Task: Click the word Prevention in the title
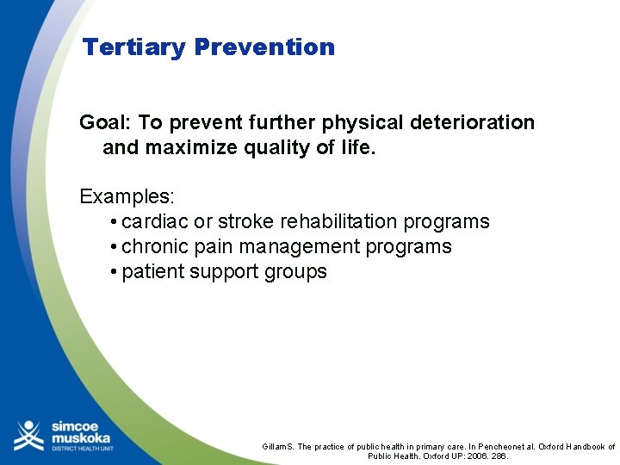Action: pos(264,46)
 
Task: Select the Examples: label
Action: pos(127,196)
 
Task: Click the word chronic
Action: pos(155,246)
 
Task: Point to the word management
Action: pos(300,246)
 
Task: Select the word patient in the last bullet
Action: pos(152,271)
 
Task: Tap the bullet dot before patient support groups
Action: pos(115,272)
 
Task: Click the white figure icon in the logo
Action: pos(28,435)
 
